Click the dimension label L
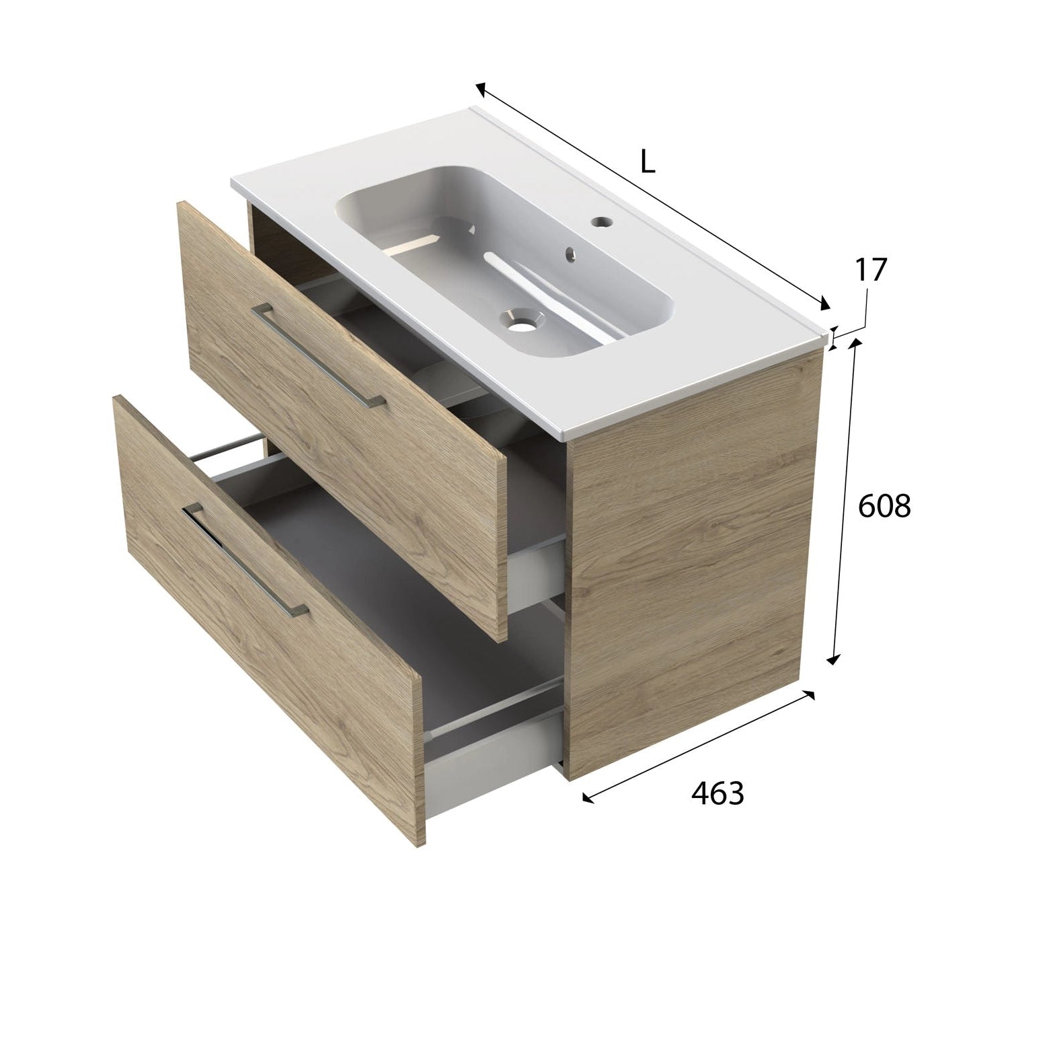pyautogui.click(x=647, y=162)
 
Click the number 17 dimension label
pyautogui.click(x=871, y=269)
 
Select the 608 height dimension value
pyautogui.click(x=884, y=507)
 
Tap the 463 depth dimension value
pyautogui.click(x=718, y=794)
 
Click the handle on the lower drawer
pyautogui.click(x=245, y=559)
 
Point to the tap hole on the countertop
pyautogui.click(x=600, y=220)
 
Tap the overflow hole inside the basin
pyautogui.click(x=571, y=254)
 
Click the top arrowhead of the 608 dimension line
pyautogui.click(x=856, y=342)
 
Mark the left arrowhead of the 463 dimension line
pyautogui.click(x=587, y=799)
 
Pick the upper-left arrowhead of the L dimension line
pyautogui.click(x=480, y=87)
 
